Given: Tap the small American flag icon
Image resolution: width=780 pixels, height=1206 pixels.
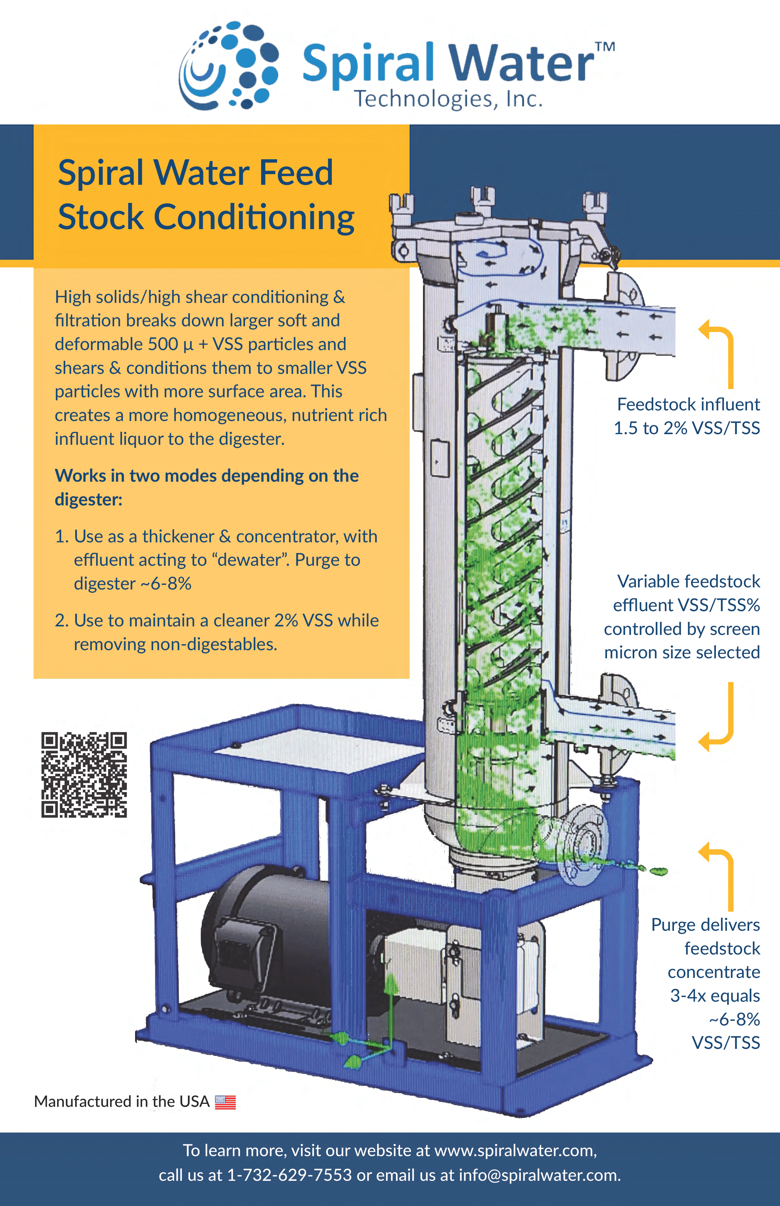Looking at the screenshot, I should [x=225, y=1102].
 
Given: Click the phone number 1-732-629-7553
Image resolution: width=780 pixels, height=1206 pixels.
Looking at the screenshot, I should [x=289, y=1174].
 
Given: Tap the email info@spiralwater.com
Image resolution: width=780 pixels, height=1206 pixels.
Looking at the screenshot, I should [x=539, y=1174].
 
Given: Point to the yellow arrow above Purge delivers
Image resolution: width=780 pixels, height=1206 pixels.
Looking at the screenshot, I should [x=719, y=876].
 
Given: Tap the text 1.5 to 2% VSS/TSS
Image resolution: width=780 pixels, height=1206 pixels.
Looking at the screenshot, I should [x=686, y=428].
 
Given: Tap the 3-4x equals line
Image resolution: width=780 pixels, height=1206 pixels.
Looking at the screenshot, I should [x=715, y=996].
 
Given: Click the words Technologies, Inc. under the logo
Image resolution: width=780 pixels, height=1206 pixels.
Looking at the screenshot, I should [x=448, y=99].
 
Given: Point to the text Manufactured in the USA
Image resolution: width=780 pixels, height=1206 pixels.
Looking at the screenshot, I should [x=122, y=1102].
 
